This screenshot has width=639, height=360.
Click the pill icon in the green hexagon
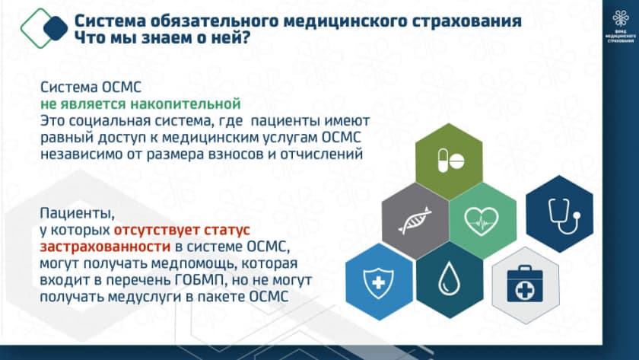[450, 161]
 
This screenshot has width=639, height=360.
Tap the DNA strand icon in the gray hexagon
[415, 221]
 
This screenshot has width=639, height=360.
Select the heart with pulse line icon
[482, 221]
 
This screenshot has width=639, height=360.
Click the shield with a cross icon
[378, 282]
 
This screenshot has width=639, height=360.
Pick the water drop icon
[449, 279]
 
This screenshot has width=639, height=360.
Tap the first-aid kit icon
[524, 285]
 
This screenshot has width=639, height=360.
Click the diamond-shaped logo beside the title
[44, 28]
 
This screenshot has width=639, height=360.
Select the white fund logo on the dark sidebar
[620, 26]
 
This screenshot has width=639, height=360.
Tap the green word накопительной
[186, 104]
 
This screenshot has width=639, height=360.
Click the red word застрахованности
[105, 247]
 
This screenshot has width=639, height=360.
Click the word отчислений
[322, 154]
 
